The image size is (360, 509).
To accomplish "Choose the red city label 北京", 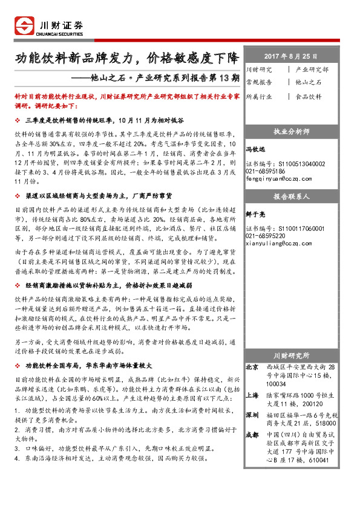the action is [x=252, y=367].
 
